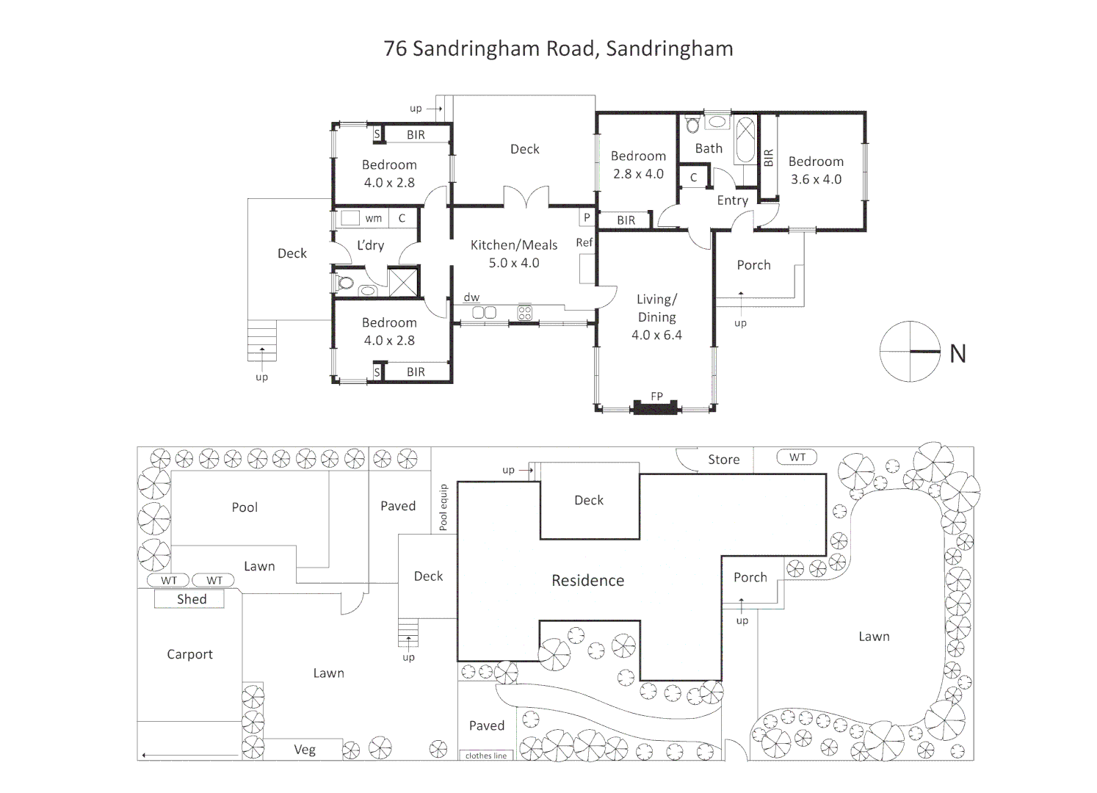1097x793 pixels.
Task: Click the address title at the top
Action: click(x=558, y=49)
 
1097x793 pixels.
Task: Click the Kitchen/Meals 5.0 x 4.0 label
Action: click(x=514, y=254)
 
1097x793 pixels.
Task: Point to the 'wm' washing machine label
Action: click(x=373, y=219)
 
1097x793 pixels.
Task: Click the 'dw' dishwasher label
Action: click(x=471, y=297)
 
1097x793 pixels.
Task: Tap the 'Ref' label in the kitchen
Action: click(x=584, y=242)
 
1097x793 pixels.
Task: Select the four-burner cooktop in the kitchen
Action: click(x=525, y=313)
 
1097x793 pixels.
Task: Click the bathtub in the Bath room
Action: click(x=745, y=140)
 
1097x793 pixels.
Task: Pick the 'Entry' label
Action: click(x=733, y=200)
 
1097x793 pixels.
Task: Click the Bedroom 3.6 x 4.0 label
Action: click(x=816, y=170)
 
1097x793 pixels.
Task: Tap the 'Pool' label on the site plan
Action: click(x=245, y=507)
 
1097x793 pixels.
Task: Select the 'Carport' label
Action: click(x=189, y=655)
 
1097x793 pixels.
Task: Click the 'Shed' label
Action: click(x=192, y=599)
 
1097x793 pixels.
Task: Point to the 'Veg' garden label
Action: click(x=305, y=750)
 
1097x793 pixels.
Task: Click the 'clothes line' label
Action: click(x=486, y=756)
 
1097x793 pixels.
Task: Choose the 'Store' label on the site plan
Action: click(x=723, y=460)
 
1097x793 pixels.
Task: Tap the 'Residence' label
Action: click(x=587, y=580)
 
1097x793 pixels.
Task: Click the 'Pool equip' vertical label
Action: click(x=443, y=507)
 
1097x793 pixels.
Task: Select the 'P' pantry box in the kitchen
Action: click(x=587, y=217)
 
